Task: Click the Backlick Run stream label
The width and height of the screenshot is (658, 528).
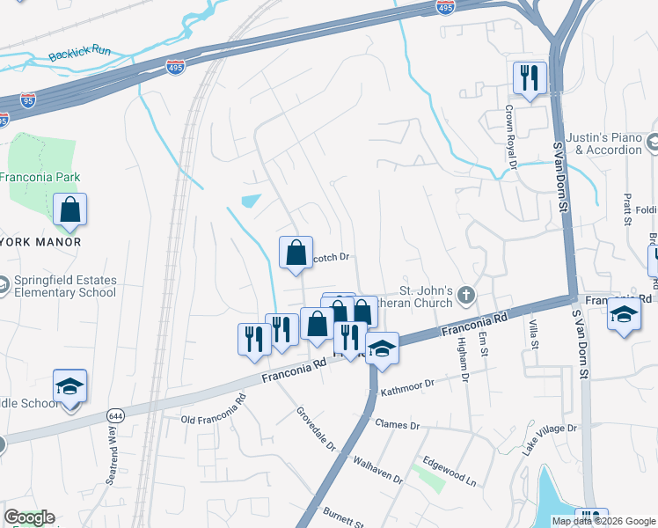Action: [80, 52]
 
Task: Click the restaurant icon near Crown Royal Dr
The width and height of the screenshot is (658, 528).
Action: [529, 78]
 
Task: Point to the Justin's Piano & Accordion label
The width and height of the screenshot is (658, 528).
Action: [603, 143]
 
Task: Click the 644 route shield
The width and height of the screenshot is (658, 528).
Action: [115, 414]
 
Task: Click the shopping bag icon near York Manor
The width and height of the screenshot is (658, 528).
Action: [69, 212]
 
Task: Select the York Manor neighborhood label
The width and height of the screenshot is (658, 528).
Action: [40, 242]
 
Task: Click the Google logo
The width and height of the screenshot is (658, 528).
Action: [29, 517]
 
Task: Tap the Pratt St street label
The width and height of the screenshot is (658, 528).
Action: [628, 209]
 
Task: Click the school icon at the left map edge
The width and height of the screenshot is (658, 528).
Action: [69, 388]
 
